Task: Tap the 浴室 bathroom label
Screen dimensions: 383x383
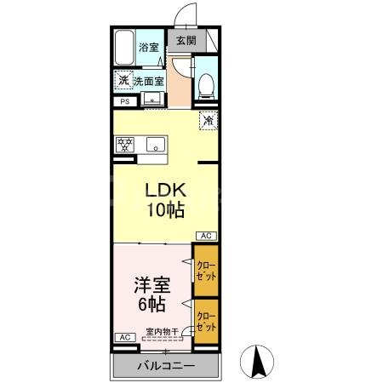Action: click(x=149, y=47)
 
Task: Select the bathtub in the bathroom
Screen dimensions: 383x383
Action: click(x=125, y=48)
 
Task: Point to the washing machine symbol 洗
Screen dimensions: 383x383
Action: click(x=123, y=81)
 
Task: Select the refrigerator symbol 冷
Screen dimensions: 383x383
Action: click(x=207, y=121)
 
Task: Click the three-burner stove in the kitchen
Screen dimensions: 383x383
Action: click(x=125, y=144)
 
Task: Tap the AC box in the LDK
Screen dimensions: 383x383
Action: click(x=206, y=236)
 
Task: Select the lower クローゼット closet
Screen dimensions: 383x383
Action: click(x=206, y=321)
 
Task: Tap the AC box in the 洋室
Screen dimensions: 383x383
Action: click(x=124, y=338)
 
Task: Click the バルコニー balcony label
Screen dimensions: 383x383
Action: click(x=166, y=366)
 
